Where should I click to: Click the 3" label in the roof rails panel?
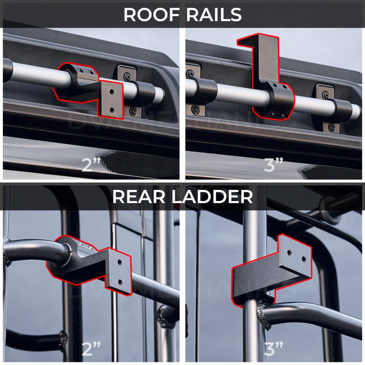[273, 165]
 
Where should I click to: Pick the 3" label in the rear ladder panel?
[273, 348]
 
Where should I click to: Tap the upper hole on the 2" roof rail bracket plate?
[112, 92]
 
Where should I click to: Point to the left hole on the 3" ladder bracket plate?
[290, 252]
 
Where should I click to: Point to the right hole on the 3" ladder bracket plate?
[303, 260]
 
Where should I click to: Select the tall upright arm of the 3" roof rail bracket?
[267, 59]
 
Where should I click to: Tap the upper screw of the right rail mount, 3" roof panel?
[325, 95]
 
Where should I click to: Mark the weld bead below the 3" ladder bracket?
[263, 313]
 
